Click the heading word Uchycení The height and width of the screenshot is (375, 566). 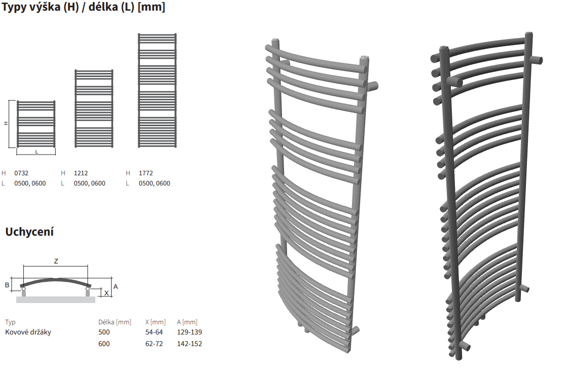click(29, 232)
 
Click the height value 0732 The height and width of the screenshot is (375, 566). click(21, 173)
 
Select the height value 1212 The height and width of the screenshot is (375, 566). click(81, 173)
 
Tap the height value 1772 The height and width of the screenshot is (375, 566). click(146, 173)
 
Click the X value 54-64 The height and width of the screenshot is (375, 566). click(154, 332)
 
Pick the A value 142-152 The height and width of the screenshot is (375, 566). click(190, 344)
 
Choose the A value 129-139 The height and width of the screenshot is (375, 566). click(190, 332)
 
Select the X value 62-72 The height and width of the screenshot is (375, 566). click(154, 344)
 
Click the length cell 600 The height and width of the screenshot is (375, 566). click(104, 344)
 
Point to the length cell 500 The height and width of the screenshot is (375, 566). click(104, 332)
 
